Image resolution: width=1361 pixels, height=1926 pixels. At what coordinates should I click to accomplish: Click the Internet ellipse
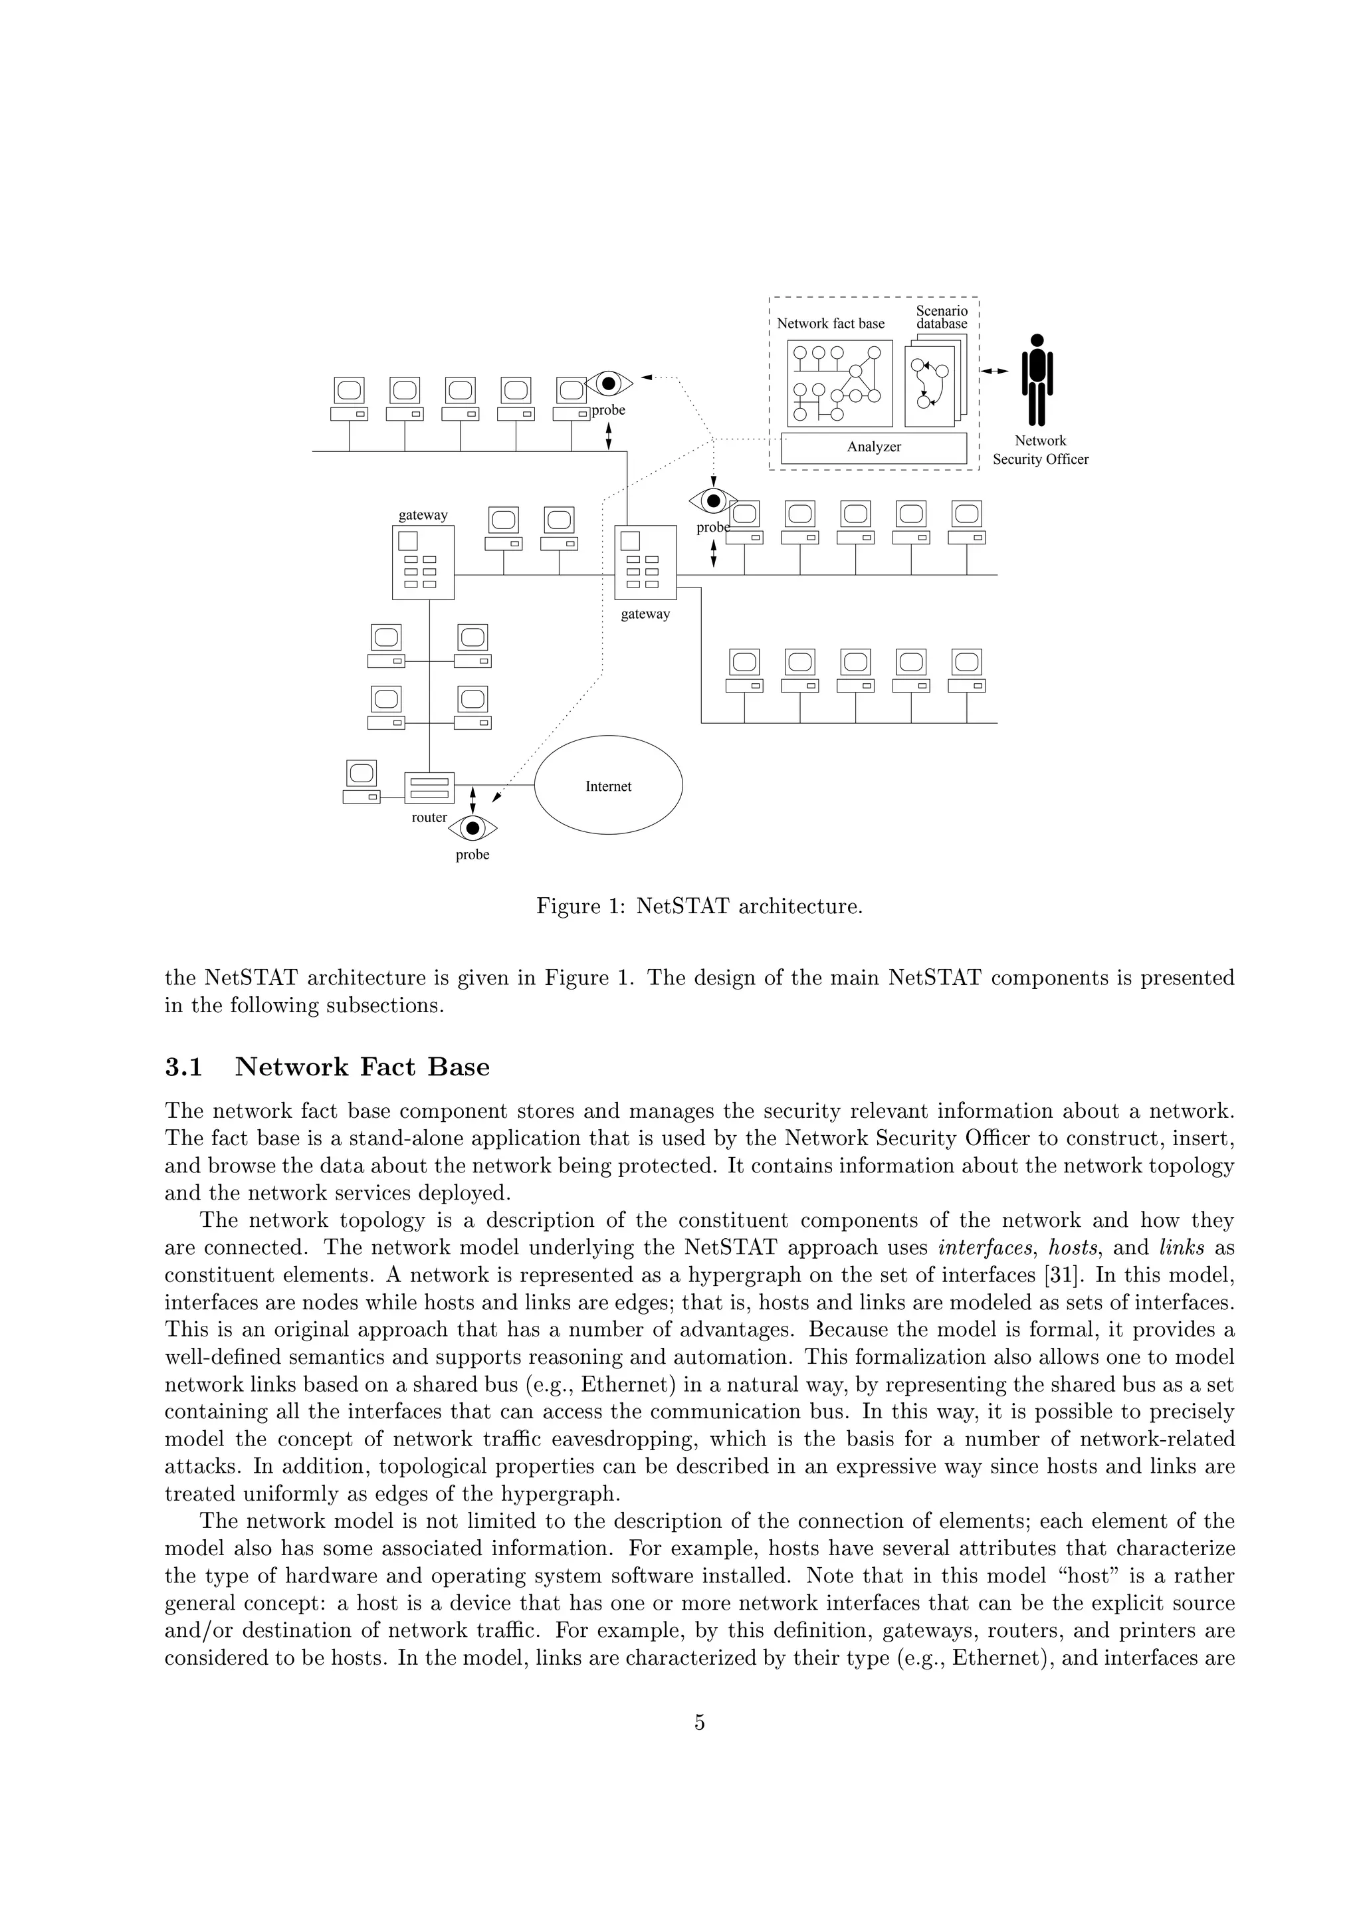(x=608, y=785)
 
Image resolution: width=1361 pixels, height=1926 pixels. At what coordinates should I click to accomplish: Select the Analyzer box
(x=874, y=447)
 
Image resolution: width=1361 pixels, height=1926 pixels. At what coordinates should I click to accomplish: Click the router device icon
(x=429, y=788)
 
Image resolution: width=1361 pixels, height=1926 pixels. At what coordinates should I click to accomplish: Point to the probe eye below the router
(x=473, y=829)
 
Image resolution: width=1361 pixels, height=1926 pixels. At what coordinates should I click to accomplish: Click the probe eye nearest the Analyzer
(x=713, y=501)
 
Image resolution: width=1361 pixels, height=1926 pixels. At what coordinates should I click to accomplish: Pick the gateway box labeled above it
(x=423, y=562)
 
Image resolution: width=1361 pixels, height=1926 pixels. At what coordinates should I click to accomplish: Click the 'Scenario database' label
(x=941, y=317)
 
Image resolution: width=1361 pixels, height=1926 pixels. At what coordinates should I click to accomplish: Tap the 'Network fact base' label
(x=830, y=324)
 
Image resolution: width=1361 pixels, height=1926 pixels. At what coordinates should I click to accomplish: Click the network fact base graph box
(x=839, y=383)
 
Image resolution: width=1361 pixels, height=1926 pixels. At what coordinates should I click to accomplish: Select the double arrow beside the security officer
(x=995, y=371)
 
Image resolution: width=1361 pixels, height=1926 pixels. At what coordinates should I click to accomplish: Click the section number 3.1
(x=183, y=1067)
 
